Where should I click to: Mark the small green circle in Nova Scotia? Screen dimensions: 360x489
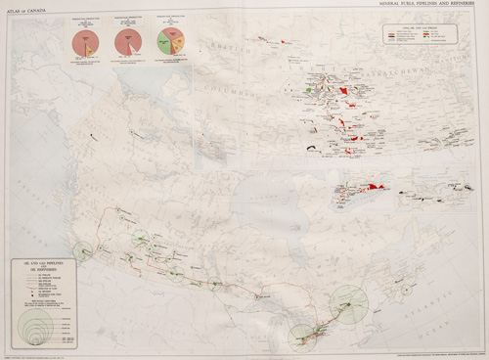(405, 290)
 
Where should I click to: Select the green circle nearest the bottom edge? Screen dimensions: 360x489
(302, 338)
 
